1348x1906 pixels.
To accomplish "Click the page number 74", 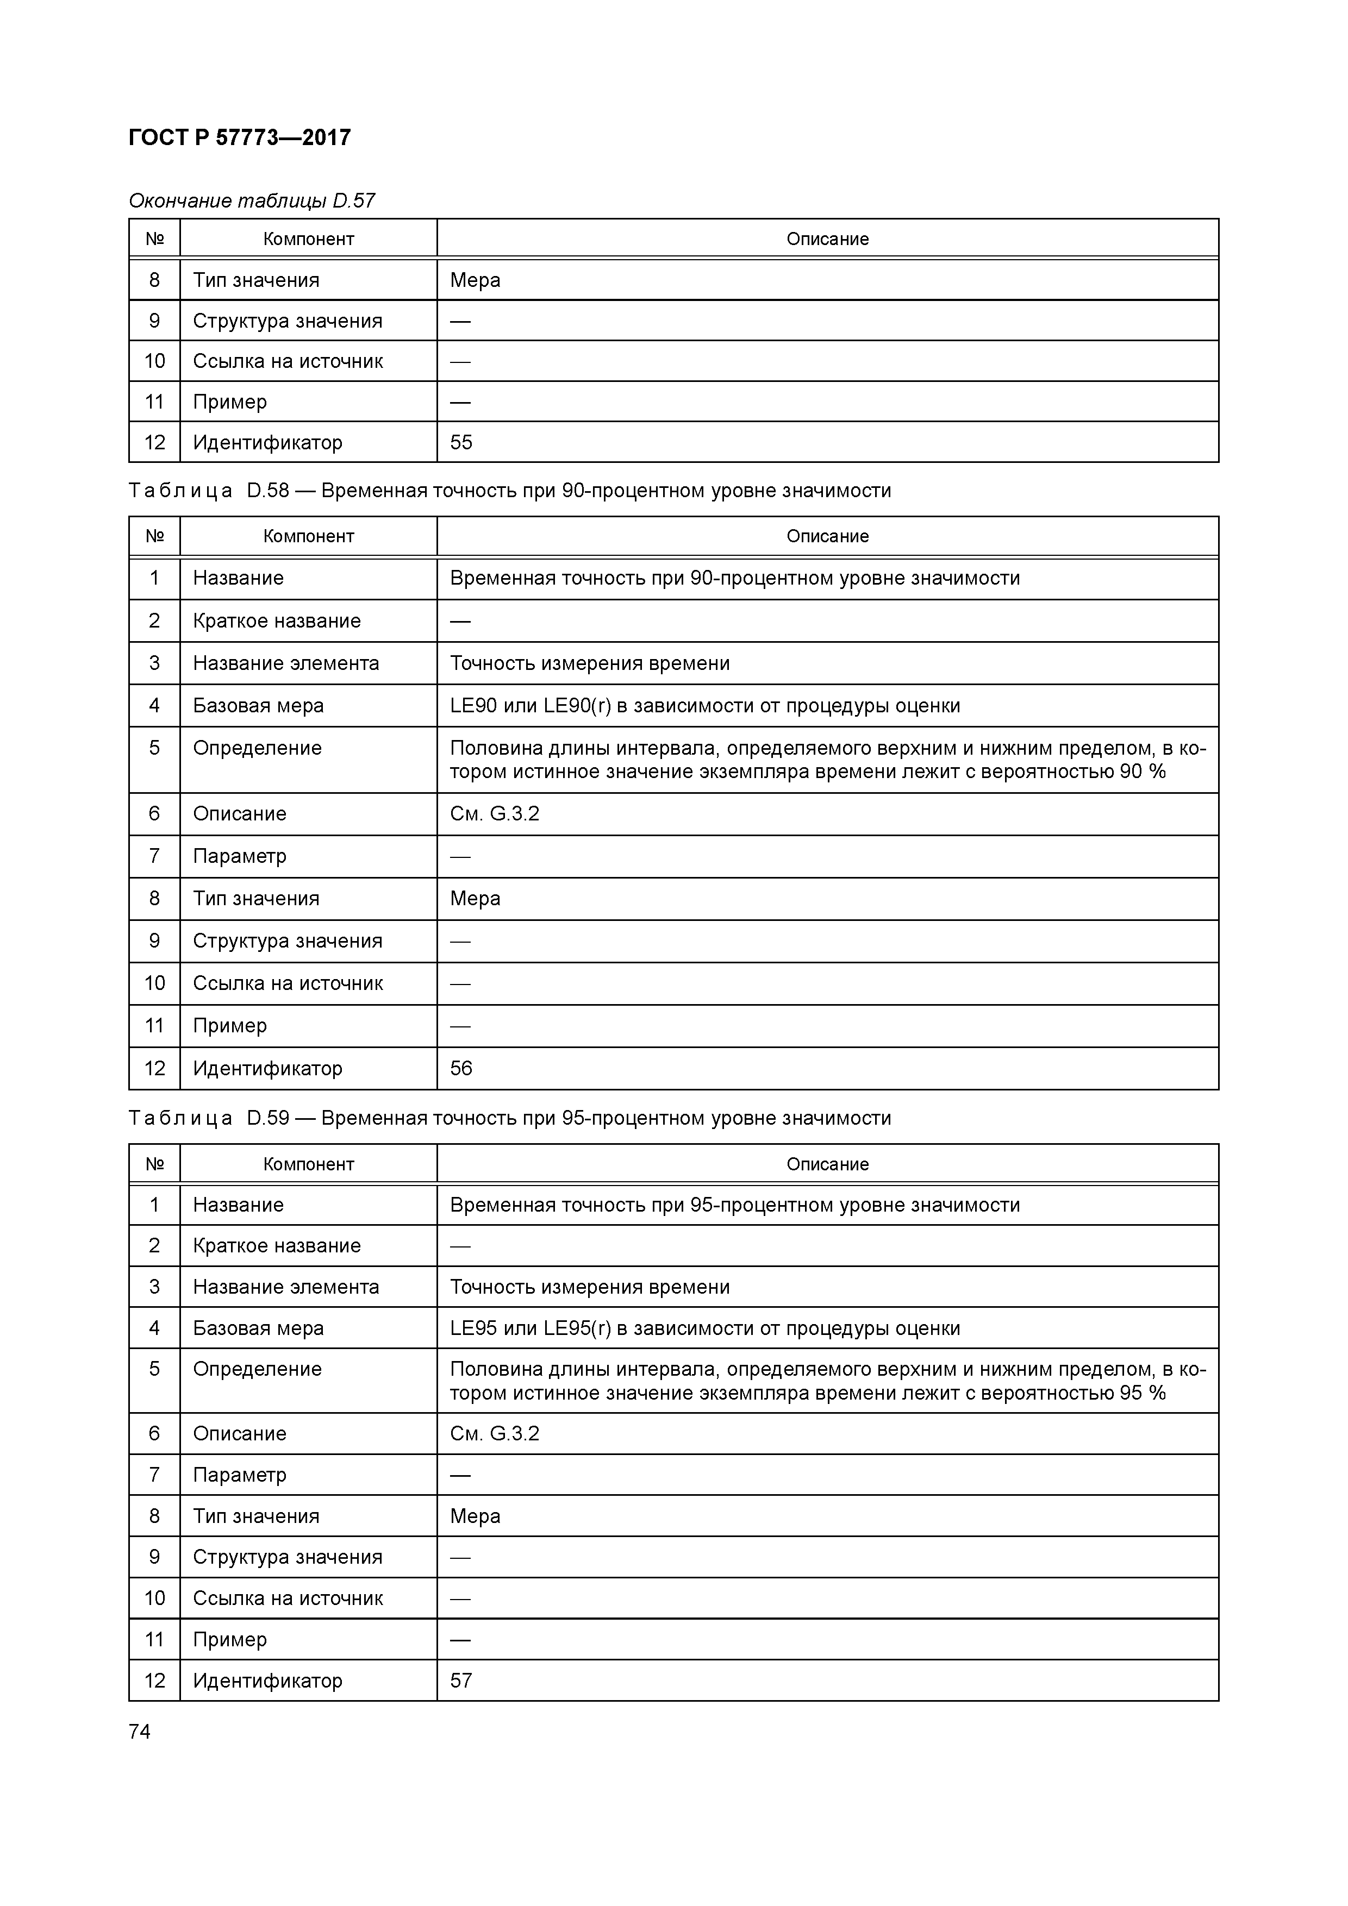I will click(140, 1731).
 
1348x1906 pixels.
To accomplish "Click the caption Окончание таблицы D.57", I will click(252, 201).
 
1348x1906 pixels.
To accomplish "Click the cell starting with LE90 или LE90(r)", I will click(704, 706).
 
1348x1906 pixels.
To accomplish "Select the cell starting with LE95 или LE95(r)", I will click(704, 1328).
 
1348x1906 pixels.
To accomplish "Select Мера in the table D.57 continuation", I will click(475, 280).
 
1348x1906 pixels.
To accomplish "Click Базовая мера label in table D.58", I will click(258, 706).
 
